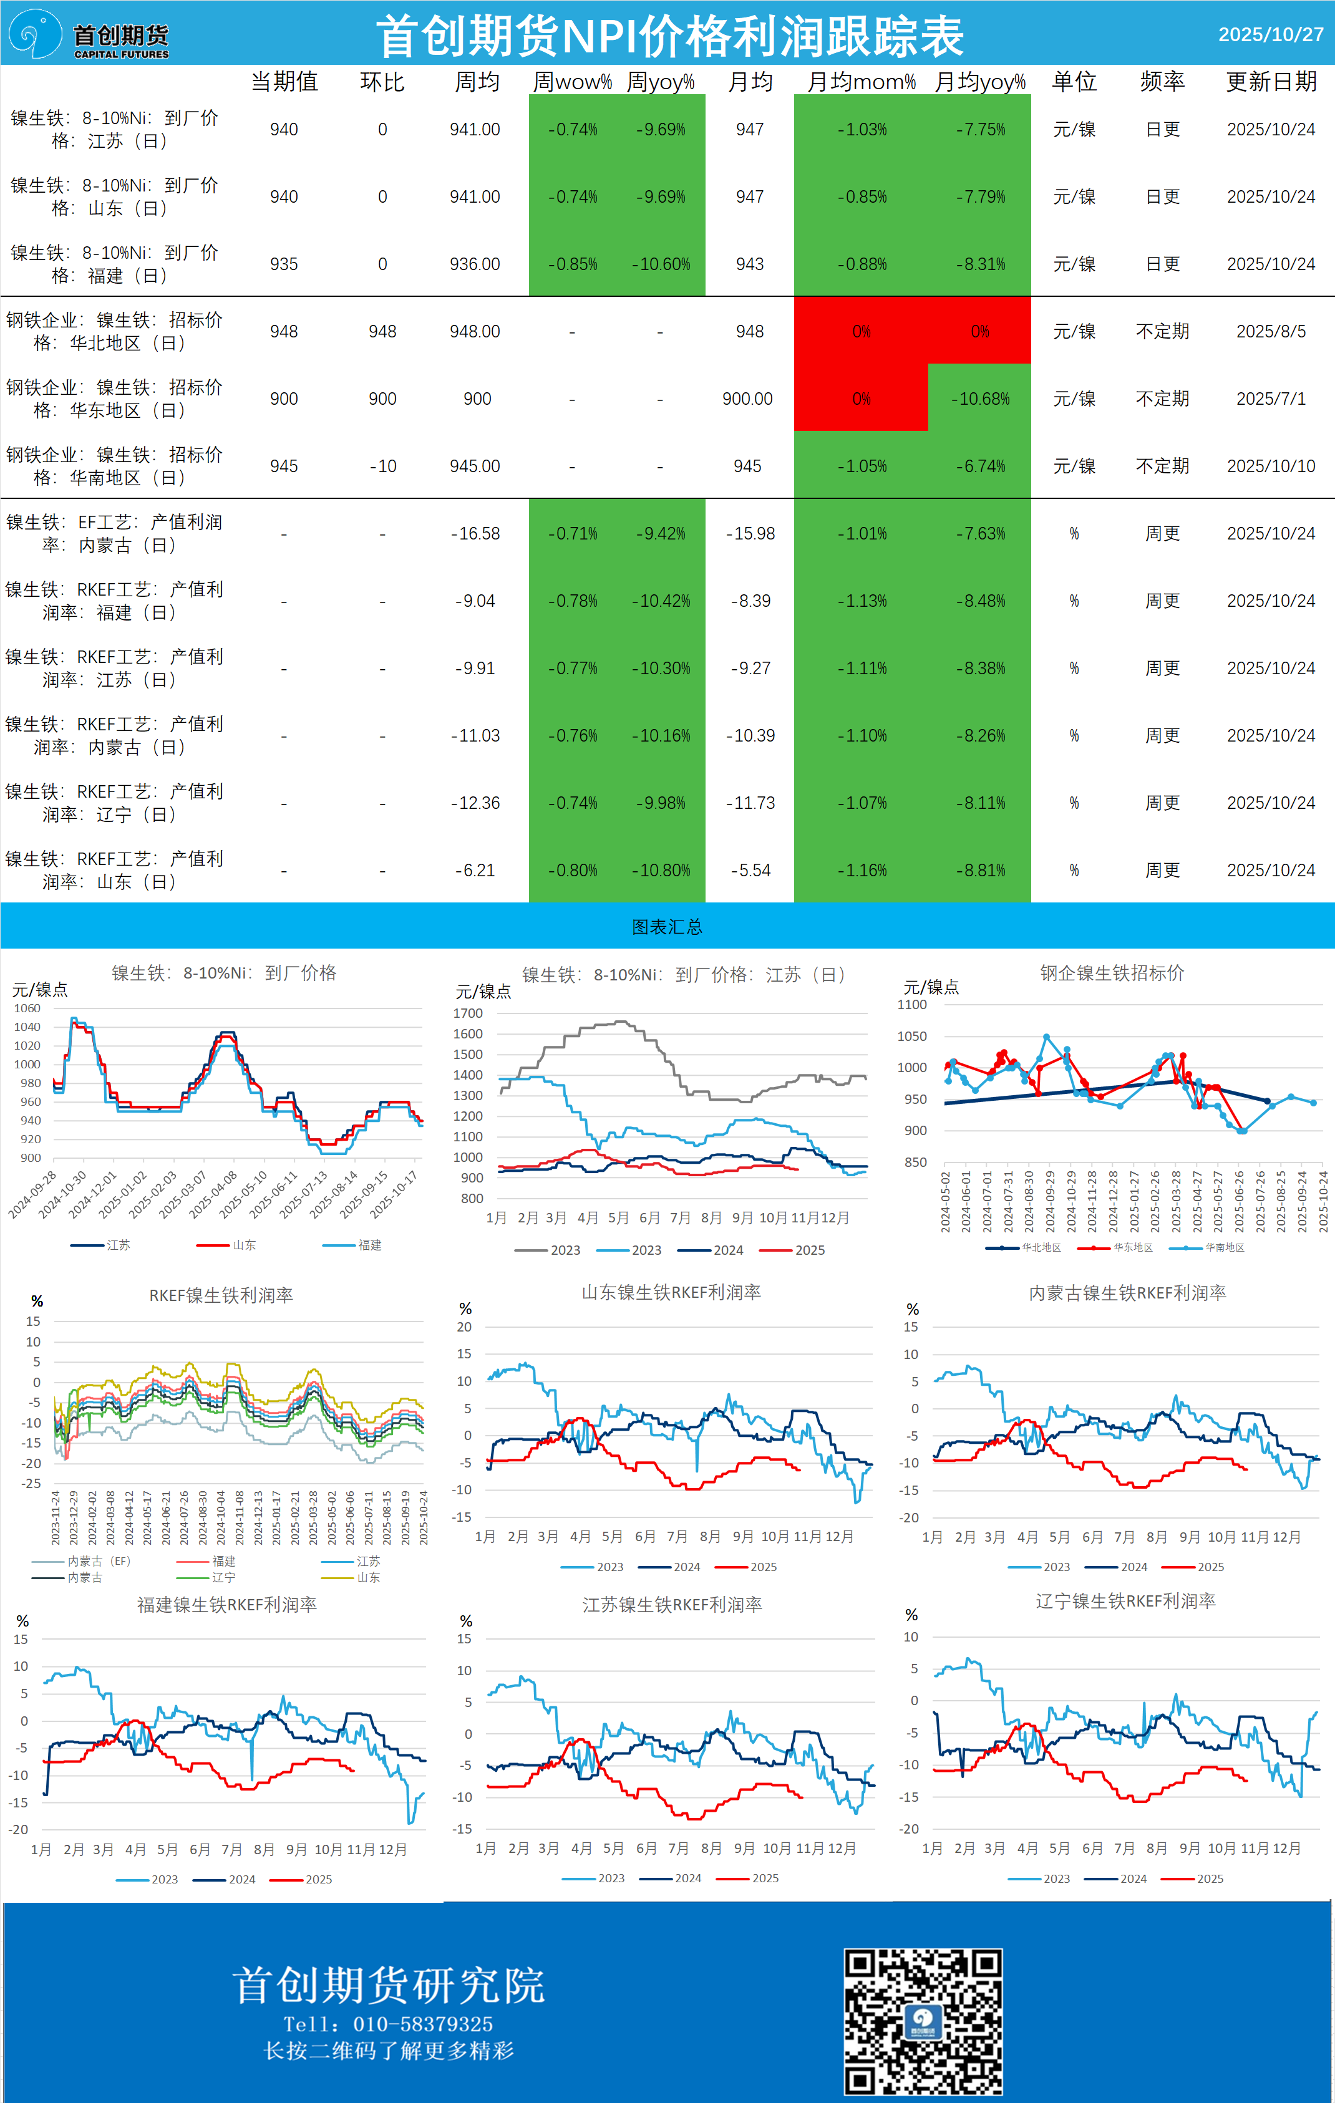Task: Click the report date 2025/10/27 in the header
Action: coord(1270,35)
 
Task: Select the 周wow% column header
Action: coord(572,82)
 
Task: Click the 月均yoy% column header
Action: coord(979,82)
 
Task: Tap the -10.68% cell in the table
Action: coord(979,399)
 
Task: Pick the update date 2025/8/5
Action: coord(1270,332)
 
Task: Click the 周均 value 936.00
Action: coord(474,264)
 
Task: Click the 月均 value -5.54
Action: coord(750,871)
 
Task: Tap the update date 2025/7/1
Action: coord(1270,399)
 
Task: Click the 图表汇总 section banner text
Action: coord(667,927)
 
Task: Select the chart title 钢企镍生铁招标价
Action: coord(1111,973)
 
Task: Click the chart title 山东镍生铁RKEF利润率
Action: coord(671,1292)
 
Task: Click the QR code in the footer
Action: coord(923,2020)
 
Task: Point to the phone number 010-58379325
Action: coord(423,2024)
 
